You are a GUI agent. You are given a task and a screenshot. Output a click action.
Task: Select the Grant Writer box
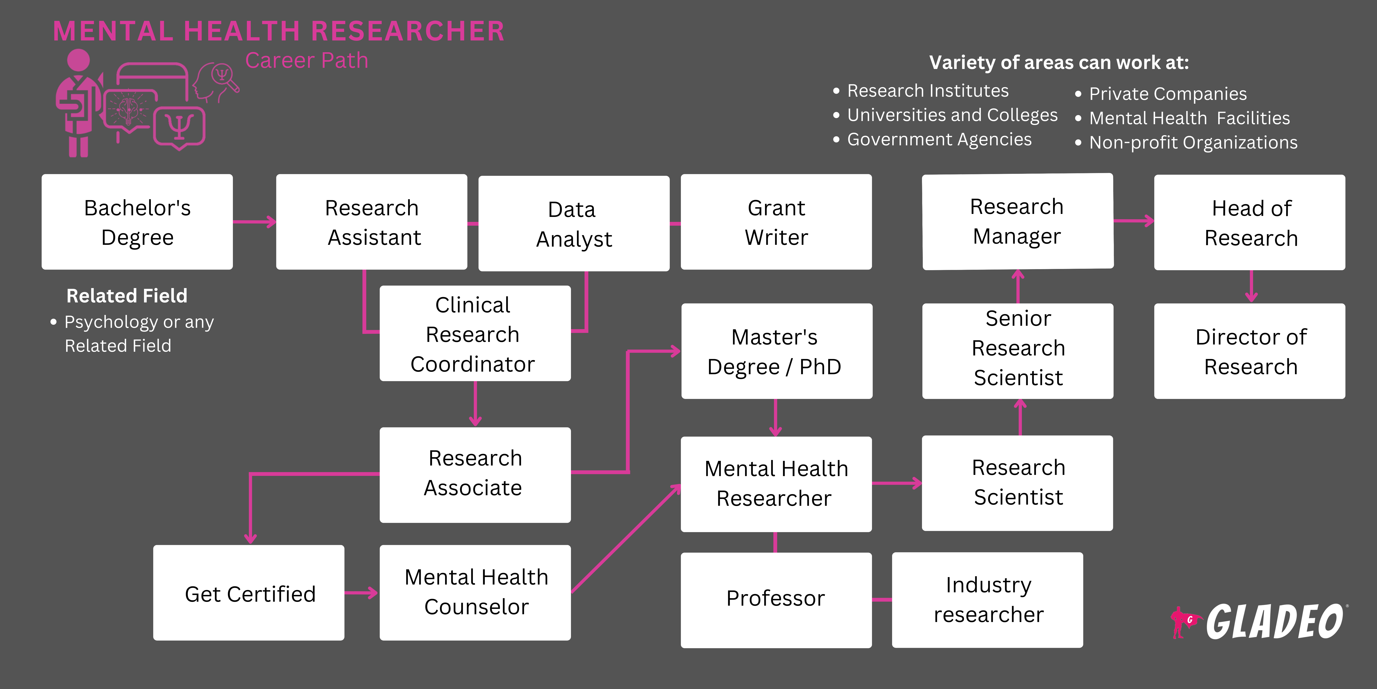pos(776,222)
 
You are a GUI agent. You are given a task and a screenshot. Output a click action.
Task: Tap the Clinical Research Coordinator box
pos(475,334)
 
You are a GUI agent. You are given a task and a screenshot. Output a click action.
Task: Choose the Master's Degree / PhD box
pos(776,351)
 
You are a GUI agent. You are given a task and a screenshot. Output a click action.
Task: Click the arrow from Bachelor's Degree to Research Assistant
pos(254,221)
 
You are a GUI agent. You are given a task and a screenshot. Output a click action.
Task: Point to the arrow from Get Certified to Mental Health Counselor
pos(361,593)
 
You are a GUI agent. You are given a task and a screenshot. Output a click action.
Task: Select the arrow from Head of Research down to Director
pos(1251,287)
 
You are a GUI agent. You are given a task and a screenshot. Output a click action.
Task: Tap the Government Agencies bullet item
pos(939,140)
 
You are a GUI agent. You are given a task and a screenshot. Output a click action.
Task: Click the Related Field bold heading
pos(127,296)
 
